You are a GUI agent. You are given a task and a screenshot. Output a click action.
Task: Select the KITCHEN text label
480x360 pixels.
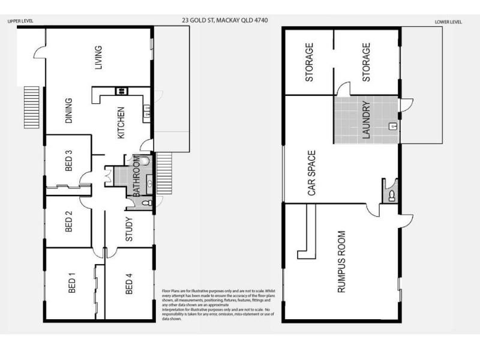[121, 123]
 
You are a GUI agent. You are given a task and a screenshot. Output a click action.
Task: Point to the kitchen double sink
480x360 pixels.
[146, 110]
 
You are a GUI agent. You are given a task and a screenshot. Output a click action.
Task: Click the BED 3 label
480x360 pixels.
[69, 161]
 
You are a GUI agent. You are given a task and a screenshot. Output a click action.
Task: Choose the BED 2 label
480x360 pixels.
[69, 221]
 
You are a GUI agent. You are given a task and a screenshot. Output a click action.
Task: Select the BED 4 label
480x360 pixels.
[128, 284]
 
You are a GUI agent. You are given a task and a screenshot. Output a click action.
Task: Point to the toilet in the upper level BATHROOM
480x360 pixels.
[146, 203]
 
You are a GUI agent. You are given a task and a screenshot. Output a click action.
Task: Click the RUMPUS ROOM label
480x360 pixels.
[341, 262]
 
